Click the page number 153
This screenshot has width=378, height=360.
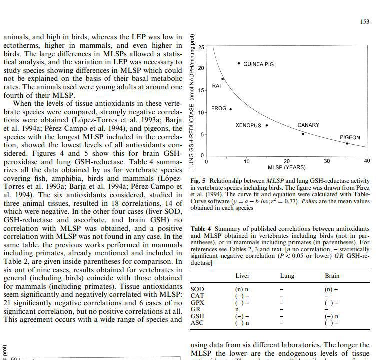tap(364, 22)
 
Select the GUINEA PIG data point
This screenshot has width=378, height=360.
tap(239, 63)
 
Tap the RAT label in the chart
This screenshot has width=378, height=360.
tap(217, 86)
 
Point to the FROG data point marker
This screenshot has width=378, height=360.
tap(230, 109)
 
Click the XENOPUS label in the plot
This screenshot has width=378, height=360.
tap(248, 125)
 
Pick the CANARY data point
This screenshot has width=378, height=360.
tap(302, 134)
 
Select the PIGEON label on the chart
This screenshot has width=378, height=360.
tap(350, 137)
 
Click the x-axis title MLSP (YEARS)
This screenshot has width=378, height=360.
tap(286, 167)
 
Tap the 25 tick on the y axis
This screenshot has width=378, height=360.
tap(201, 47)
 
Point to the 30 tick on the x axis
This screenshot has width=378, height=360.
tap(327, 161)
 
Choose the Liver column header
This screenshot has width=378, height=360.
tap(242, 276)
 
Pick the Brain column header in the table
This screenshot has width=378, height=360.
tap(332, 276)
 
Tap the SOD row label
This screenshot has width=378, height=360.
tap(197, 289)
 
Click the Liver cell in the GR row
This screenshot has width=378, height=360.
tap(237, 309)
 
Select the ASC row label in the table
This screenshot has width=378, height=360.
tap(197, 323)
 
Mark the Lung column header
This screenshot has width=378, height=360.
tap(287, 276)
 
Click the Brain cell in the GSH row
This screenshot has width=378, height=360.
tap(332, 316)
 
